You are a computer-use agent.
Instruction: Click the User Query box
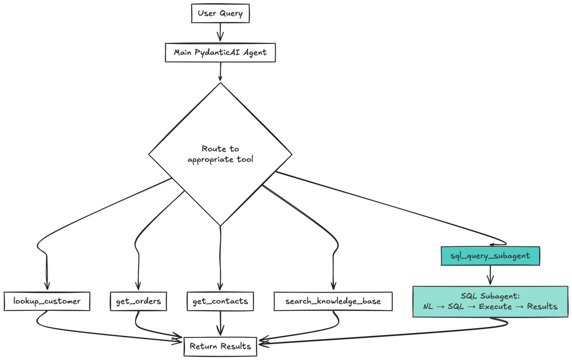pos(220,13)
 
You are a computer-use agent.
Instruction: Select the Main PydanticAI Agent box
pos(220,52)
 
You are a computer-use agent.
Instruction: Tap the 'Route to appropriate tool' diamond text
pos(220,154)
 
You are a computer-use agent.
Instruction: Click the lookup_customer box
pos(47,301)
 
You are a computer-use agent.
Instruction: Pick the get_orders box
pos(138,301)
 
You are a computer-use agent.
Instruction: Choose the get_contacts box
pos(220,301)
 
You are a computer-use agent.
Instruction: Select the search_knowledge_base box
pos(333,301)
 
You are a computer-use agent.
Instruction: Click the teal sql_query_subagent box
pos(490,256)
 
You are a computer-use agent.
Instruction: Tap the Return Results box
pos(220,346)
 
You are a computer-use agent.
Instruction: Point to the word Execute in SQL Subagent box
pos(495,307)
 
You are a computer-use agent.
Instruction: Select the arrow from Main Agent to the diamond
pos(220,71)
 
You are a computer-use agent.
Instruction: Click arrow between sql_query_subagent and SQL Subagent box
pos(490,275)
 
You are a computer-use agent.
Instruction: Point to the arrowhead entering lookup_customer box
pos(47,286)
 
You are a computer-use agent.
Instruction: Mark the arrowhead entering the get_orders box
pos(138,286)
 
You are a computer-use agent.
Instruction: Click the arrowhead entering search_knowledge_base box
pos(333,286)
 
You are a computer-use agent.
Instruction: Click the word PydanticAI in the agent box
pos(217,52)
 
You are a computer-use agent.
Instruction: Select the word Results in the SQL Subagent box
pos(542,307)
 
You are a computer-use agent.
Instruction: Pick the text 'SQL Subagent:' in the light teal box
pos(490,296)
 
